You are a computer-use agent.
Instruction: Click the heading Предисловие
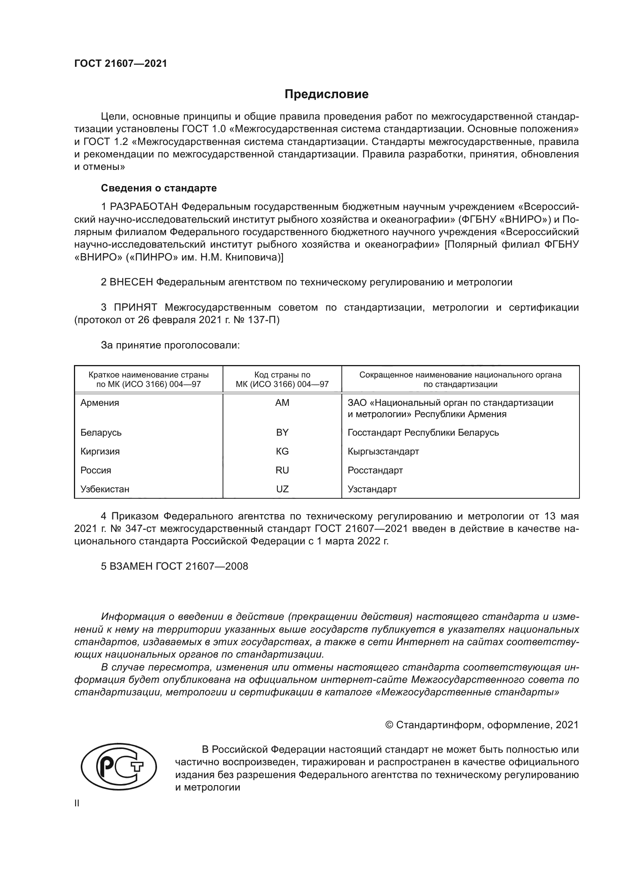coord(326,94)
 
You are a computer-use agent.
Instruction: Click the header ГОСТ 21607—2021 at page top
coord(121,63)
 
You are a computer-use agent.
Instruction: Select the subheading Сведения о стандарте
coord(159,188)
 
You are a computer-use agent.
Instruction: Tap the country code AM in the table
coord(282,403)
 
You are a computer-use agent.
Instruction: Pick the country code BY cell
coord(282,432)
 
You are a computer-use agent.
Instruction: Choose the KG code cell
coord(282,451)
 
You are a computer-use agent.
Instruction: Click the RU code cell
coord(282,470)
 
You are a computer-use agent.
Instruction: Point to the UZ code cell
coord(282,489)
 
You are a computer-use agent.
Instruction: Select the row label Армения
coord(100,403)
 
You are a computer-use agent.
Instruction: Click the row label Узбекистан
coord(105,489)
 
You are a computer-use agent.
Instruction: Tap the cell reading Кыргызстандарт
coord(383,451)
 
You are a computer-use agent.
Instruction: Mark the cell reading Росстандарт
coord(375,470)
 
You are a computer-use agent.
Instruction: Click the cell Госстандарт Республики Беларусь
coord(423,432)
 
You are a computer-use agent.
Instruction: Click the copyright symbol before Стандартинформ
coord(389,725)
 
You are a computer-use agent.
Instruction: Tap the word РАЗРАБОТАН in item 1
coord(144,206)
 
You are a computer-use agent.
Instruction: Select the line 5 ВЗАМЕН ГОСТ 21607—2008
coord(174,566)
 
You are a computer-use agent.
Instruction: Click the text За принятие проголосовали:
coord(170,345)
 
